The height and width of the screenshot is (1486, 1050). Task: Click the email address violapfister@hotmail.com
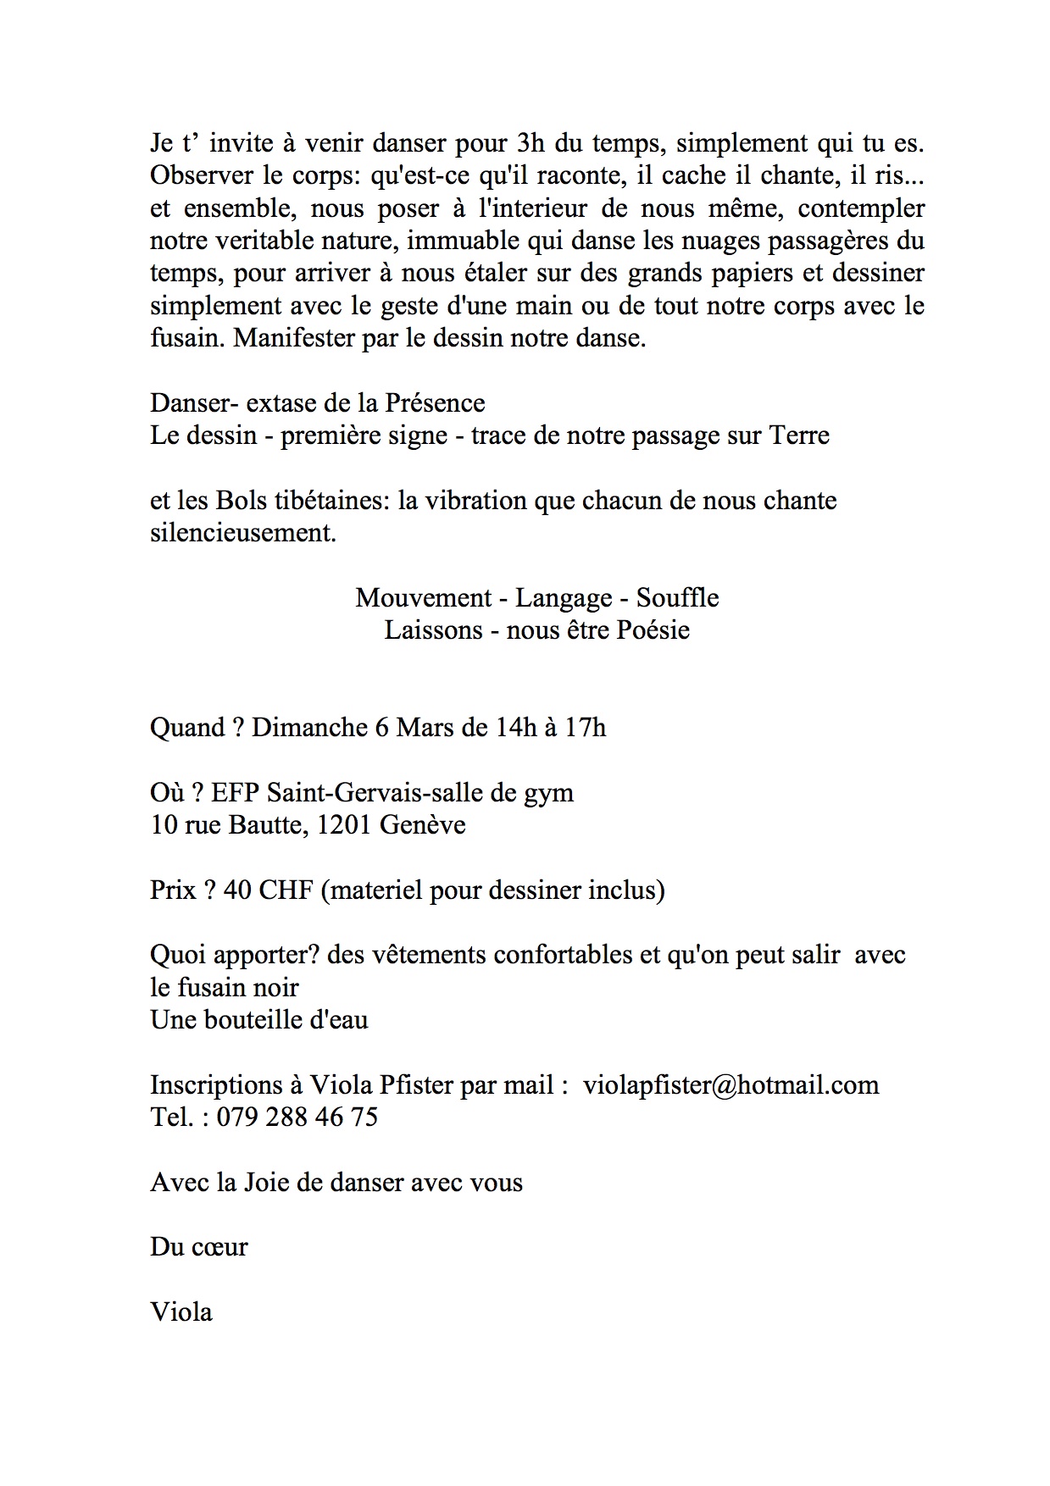tap(731, 1085)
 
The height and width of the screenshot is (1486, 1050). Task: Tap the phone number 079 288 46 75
tap(297, 1117)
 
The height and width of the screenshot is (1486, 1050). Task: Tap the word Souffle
tap(677, 598)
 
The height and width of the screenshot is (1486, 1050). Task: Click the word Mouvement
tap(424, 598)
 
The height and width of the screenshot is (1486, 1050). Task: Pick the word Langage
tap(564, 599)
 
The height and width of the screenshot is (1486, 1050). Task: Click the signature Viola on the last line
tap(181, 1312)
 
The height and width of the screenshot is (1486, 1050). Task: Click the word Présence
tap(435, 402)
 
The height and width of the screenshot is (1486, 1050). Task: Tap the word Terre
tap(798, 435)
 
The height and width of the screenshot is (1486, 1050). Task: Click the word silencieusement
tap(242, 534)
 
